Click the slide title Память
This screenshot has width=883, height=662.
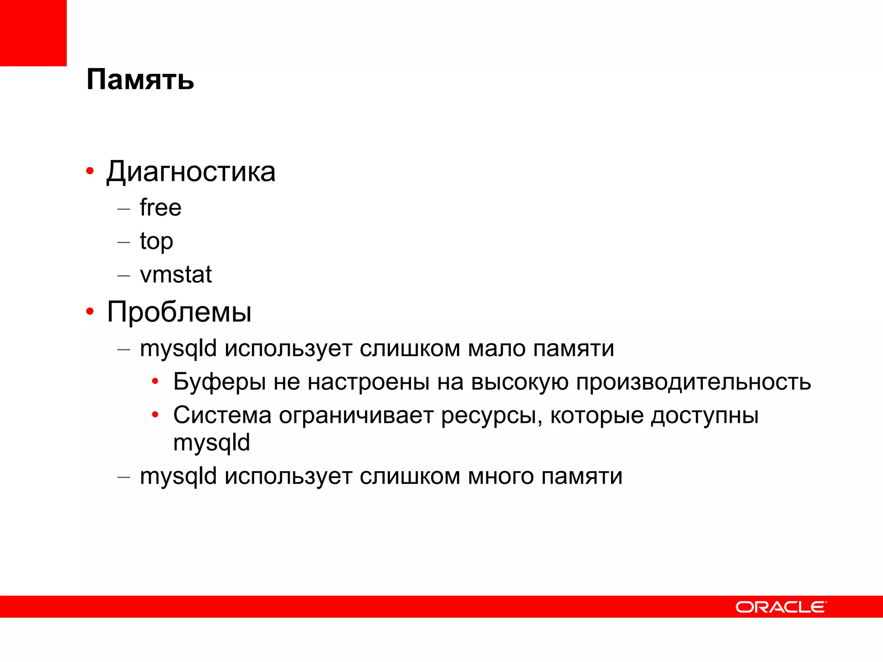click(140, 80)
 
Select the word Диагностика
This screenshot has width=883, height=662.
click(191, 172)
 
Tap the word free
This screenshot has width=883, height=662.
click(160, 208)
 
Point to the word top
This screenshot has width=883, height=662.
click(157, 241)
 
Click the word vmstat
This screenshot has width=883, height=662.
click(176, 275)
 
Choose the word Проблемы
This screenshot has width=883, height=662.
click(179, 312)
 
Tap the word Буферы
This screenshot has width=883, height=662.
click(219, 382)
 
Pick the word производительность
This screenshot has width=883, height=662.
click(693, 382)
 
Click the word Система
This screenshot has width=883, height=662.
click(222, 415)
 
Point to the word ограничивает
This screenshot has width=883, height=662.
click(356, 415)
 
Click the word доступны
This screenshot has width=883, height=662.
click(705, 416)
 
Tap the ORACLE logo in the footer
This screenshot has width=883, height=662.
click(781, 607)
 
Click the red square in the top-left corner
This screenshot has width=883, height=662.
click(33, 33)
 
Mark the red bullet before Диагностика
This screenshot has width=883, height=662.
click(90, 171)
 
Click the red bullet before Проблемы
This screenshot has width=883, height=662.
click(90, 311)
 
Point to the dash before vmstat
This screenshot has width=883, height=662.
click(124, 275)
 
